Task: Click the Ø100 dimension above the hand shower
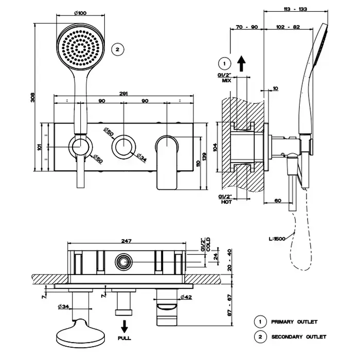[x=79, y=13]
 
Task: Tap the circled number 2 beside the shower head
[x=118, y=49]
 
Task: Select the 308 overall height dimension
[x=32, y=97]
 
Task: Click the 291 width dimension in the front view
[x=124, y=94]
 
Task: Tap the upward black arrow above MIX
[x=242, y=63]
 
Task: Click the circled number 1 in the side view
[x=224, y=64]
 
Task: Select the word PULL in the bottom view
[x=124, y=338]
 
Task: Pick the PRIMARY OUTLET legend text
[x=294, y=322]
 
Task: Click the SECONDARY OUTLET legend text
[x=298, y=337]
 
